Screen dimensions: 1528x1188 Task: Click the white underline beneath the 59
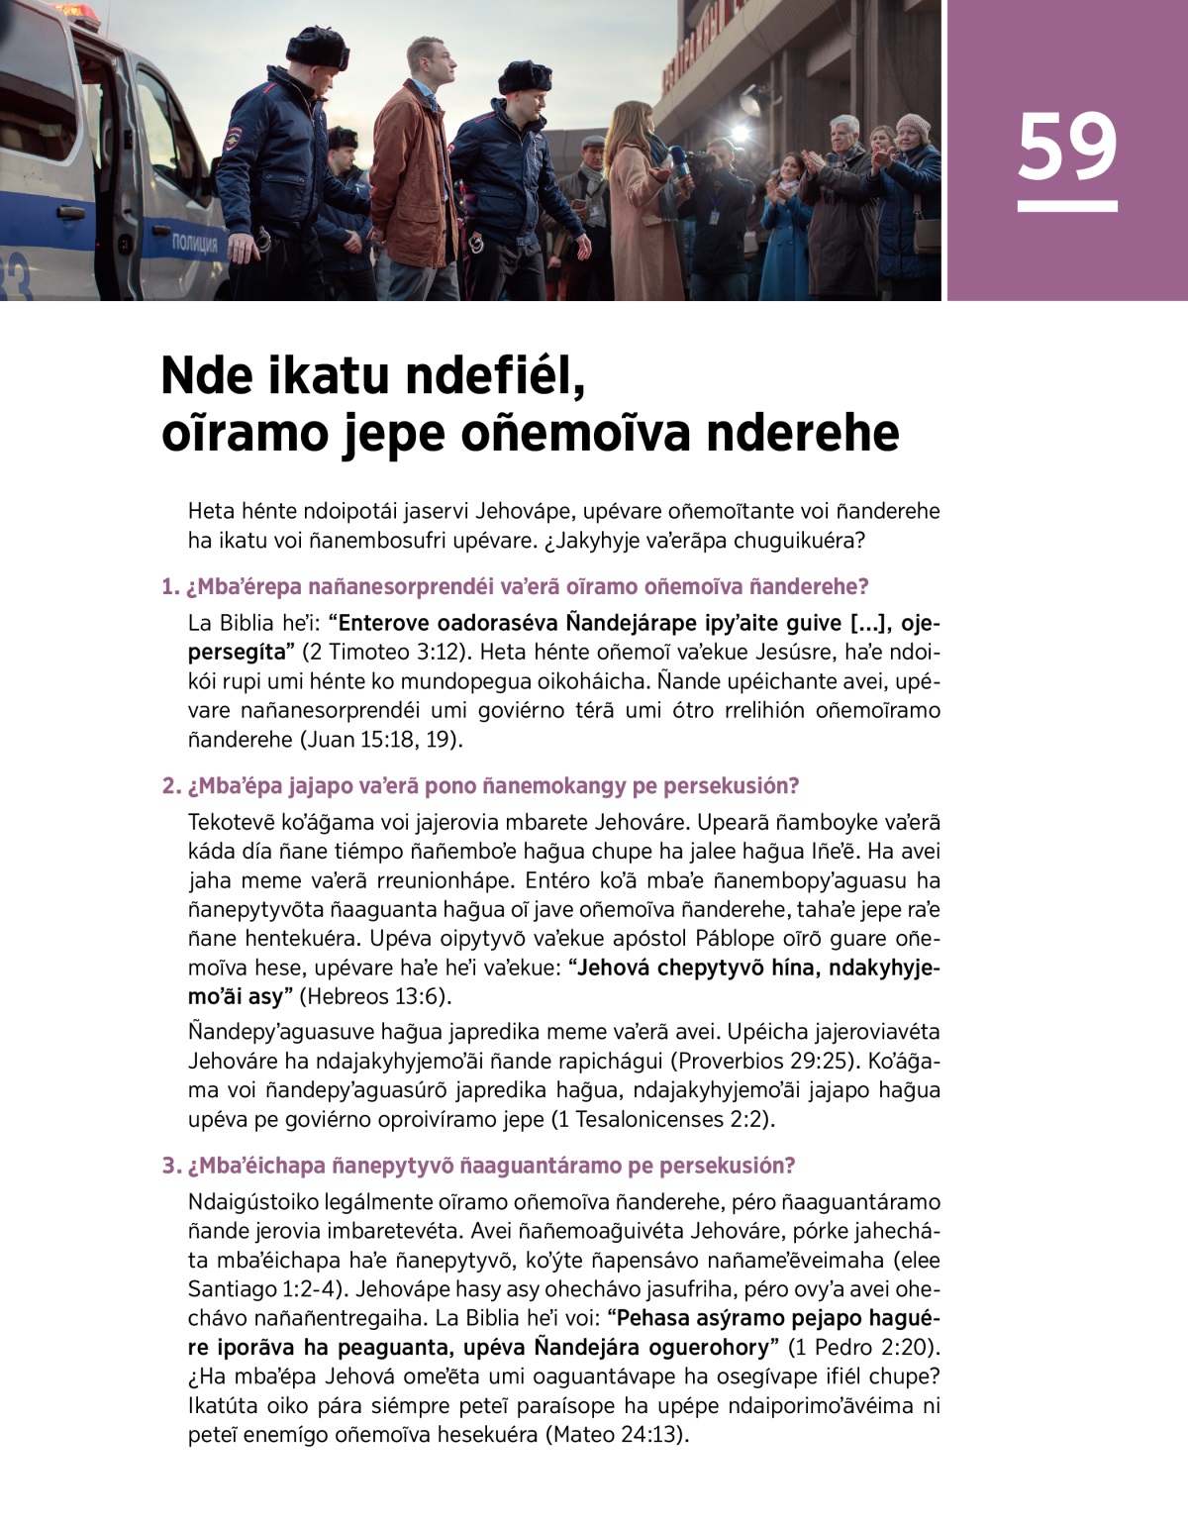pos(1066,206)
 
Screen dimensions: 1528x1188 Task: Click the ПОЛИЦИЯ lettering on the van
pos(194,244)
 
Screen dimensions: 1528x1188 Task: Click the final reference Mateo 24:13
pos(615,1434)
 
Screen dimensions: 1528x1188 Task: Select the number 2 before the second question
pos(168,786)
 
